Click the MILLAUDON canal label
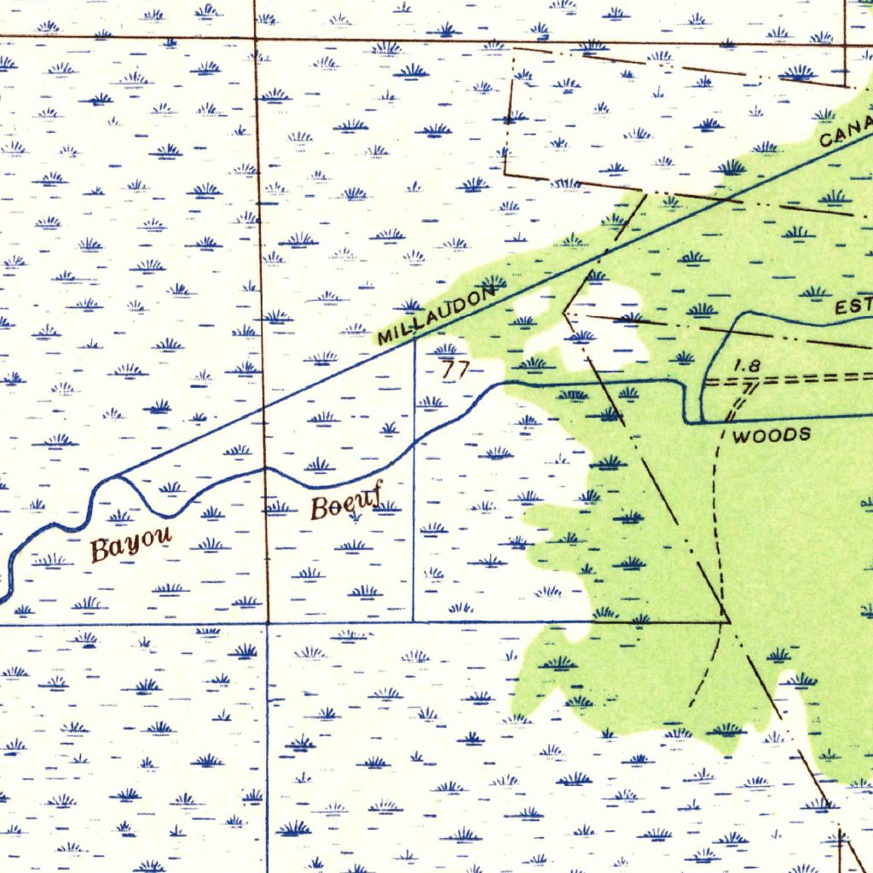437,316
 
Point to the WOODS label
772,436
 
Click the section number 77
455,370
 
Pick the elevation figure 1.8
747,365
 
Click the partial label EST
853,305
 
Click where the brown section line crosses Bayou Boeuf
265,468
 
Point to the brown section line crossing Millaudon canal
263,410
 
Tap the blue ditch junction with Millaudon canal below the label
414,341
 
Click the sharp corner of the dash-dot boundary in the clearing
564,314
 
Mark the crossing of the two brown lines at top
255,38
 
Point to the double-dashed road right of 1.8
818,377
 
